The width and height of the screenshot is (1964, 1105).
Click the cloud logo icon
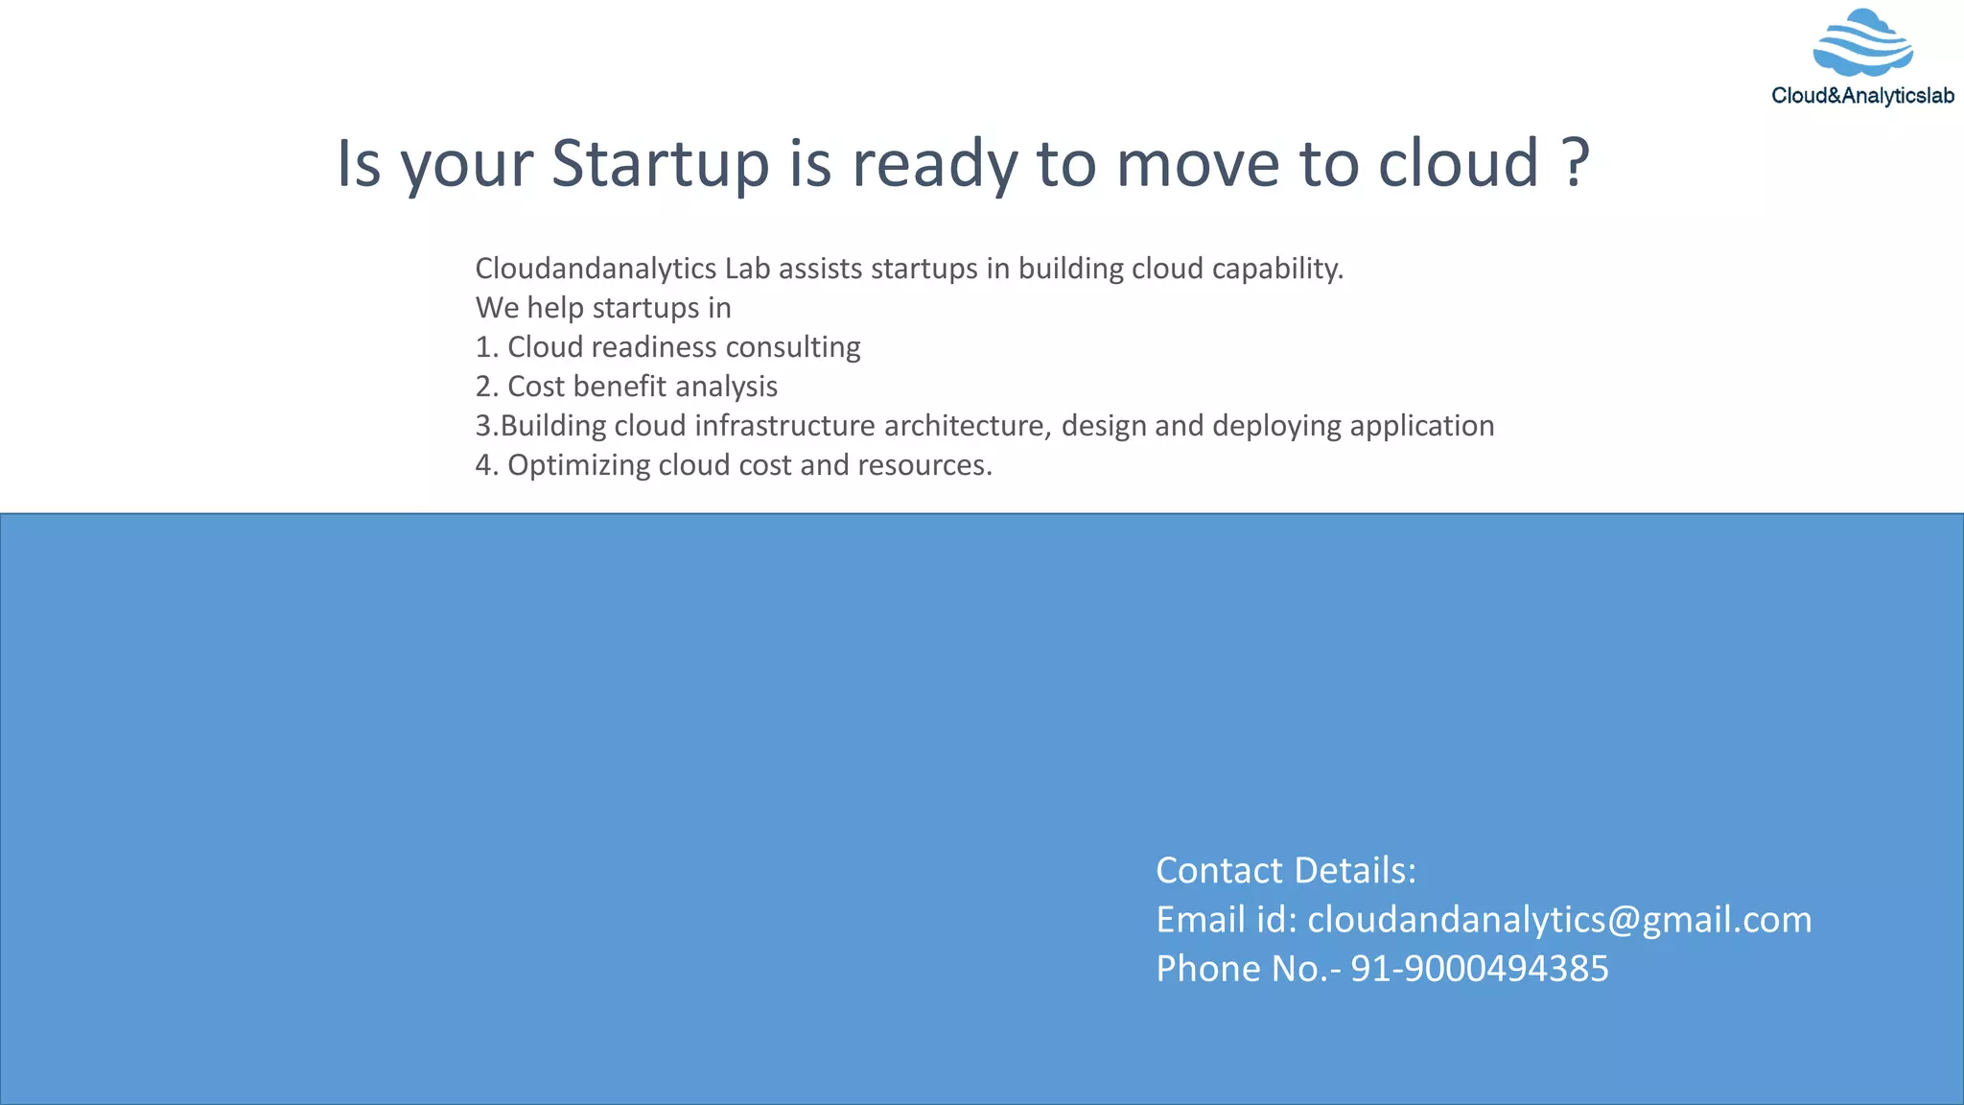click(x=1862, y=43)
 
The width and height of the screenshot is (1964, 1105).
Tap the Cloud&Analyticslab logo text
click(x=1862, y=96)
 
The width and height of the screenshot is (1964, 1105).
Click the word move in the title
click(x=1198, y=163)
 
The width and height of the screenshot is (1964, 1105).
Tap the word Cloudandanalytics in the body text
click(x=596, y=269)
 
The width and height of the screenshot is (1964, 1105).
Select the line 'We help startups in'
click(x=603, y=308)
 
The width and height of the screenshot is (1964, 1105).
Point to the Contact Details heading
click(x=1286, y=871)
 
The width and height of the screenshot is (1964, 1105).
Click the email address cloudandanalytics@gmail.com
click(x=1559, y=920)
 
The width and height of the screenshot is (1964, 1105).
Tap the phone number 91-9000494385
click(x=1479, y=969)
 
